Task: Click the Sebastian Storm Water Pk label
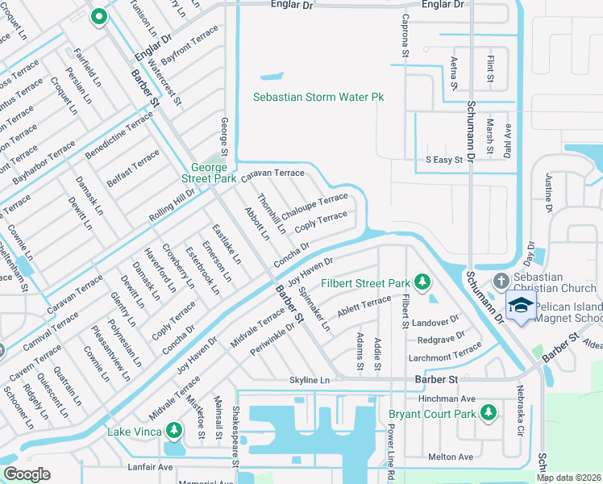[318, 97]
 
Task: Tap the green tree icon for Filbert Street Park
[421, 282]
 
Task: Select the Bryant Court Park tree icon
[488, 413]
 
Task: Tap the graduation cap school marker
[521, 306]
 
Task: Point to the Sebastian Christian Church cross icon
[500, 281]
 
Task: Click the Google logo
[27, 474]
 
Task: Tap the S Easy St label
[443, 160]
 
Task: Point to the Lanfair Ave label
[150, 467]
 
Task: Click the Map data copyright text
[568, 478]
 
